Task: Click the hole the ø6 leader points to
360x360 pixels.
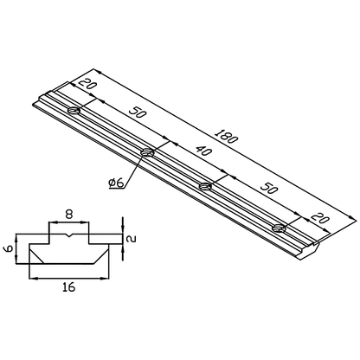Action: coord(147,153)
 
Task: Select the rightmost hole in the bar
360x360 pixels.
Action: coord(278,228)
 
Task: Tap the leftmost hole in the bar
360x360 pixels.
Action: coord(75,110)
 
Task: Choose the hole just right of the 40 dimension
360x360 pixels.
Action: coord(206,186)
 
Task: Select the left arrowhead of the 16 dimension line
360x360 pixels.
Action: coord(33,278)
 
